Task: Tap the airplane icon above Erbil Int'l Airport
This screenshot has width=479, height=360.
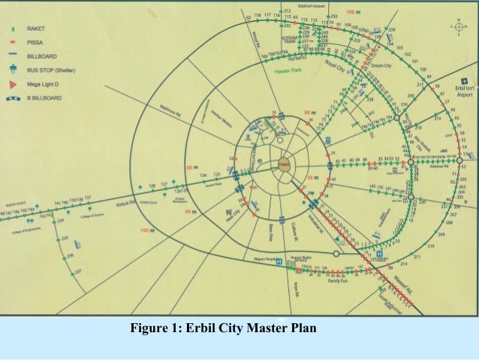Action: [465, 80]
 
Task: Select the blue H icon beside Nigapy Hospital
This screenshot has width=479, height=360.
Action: [279, 262]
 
